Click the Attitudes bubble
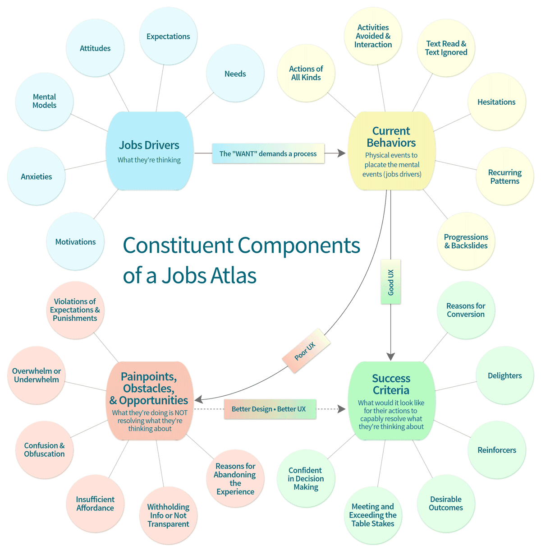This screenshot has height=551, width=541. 95,48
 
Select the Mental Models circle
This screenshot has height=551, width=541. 44,101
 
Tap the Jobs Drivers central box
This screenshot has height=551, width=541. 149,151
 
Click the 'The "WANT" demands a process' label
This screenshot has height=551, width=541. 268,153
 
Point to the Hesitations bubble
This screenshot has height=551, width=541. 496,102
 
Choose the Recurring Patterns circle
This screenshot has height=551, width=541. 504,176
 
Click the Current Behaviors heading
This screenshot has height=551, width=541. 391,137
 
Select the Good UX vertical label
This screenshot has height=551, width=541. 391,282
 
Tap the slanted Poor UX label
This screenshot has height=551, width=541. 306,351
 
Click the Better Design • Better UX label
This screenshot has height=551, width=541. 269,409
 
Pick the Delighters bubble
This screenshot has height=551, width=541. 504,375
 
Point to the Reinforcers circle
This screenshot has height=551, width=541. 497,450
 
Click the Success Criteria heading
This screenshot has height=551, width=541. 391,384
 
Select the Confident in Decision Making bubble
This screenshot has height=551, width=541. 306,478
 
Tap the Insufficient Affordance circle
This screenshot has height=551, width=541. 95,503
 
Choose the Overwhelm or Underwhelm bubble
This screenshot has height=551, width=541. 37,375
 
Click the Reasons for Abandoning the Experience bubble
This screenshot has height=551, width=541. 235,478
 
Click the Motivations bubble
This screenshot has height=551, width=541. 75,242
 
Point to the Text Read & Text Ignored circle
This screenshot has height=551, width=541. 446,48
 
